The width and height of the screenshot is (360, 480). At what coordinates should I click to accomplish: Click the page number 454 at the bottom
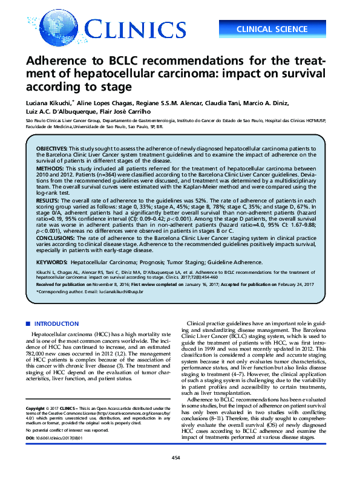[175, 475]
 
